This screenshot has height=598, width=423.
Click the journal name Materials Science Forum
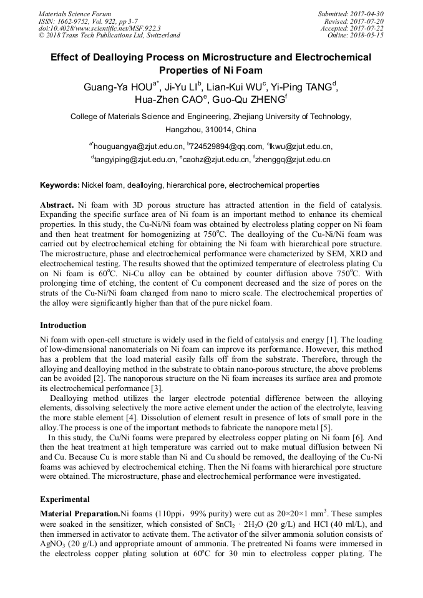75,14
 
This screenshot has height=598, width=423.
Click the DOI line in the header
100,28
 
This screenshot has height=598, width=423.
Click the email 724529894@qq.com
225,147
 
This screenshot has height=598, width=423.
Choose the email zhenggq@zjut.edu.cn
294,160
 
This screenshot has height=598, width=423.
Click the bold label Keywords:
60,185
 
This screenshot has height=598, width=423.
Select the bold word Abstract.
57,205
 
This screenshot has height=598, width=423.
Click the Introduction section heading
63,326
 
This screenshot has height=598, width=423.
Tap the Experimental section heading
65,499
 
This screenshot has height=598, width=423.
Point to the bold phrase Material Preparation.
80,513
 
